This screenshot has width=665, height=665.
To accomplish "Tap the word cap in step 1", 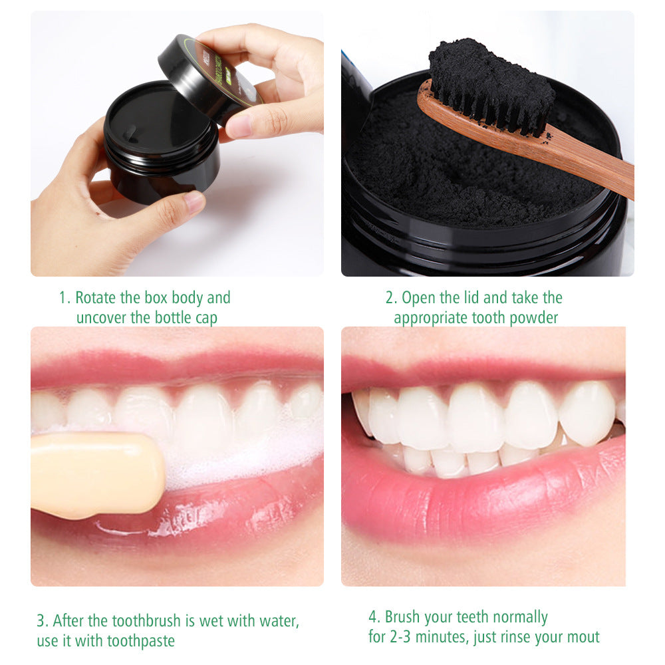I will (x=205, y=318).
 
